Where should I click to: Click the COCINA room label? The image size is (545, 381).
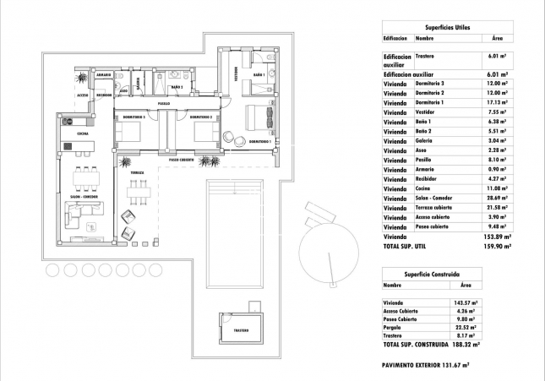pos(83,134)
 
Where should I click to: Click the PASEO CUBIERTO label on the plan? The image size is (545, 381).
pos(181,159)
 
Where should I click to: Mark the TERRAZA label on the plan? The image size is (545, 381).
pos(137,172)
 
